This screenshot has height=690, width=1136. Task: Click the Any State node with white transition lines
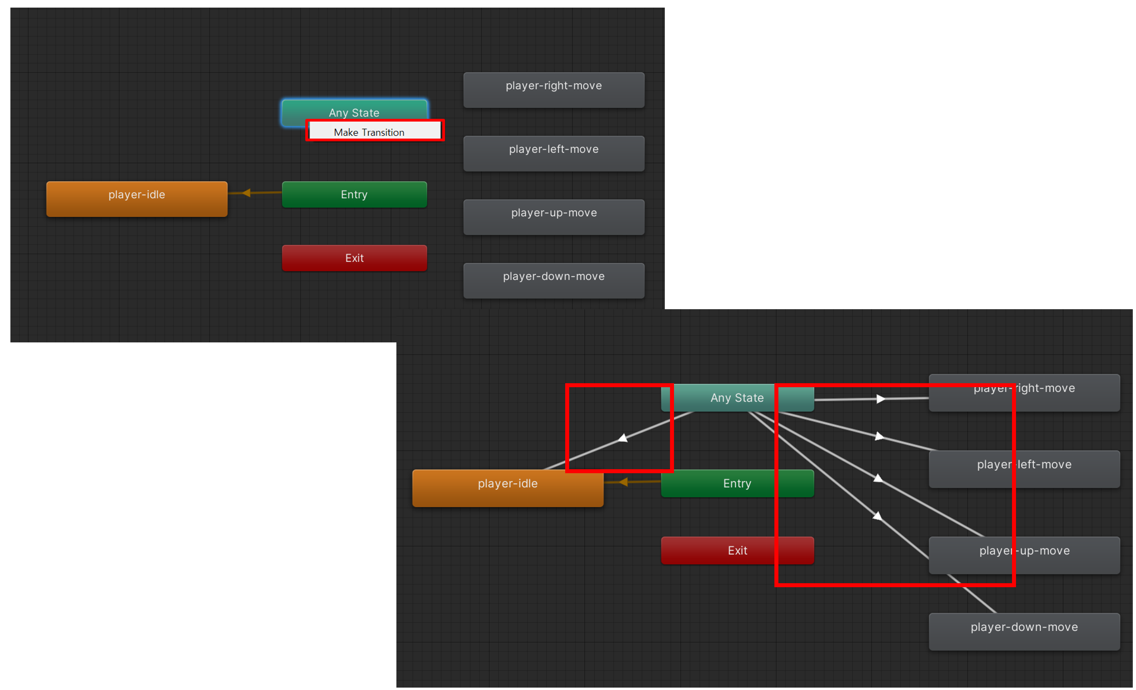[737, 398]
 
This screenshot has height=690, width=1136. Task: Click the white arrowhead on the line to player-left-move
[879, 436]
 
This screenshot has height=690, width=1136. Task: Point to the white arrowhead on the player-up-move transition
[878, 478]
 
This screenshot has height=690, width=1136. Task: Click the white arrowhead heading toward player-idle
[623, 438]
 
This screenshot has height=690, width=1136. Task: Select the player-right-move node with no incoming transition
[554, 90]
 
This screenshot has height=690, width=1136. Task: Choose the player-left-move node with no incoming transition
[554, 154]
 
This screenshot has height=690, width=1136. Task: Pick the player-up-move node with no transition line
[554, 217]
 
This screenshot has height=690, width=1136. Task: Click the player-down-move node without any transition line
[554, 281]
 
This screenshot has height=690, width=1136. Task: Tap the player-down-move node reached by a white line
[1024, 632]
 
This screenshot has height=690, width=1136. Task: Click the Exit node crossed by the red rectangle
[737, 550]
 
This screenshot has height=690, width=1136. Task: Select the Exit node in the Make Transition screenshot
[354, 258]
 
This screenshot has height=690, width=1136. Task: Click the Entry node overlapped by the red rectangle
[737, 484]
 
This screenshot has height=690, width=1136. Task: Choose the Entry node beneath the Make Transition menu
[354, 194]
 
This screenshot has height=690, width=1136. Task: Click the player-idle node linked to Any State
[508, 488]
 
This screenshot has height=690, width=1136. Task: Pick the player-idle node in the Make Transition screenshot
[136, 199]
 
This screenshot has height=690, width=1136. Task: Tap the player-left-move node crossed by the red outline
[1024, 469]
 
